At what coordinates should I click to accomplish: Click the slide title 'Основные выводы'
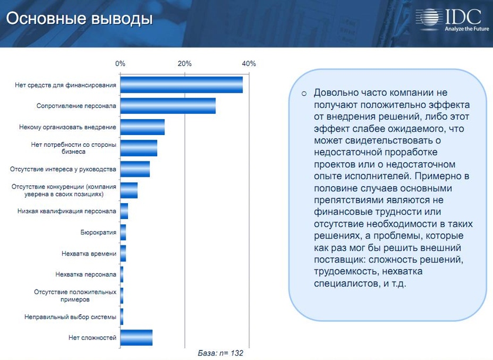79,19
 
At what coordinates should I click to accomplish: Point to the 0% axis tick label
120,63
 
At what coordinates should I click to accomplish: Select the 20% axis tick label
184,63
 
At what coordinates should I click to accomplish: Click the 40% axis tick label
249,63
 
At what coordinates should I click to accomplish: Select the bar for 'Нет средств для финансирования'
181,85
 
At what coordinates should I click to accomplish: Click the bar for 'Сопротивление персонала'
168,106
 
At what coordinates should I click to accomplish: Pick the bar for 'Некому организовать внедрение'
142,127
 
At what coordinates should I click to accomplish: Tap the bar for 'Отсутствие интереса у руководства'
135,169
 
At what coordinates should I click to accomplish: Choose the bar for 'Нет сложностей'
136,338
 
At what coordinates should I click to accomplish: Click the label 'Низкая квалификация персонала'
66,211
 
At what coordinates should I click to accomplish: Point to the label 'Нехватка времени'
89,254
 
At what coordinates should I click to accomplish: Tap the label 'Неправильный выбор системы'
70,317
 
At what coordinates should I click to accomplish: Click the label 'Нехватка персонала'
85,274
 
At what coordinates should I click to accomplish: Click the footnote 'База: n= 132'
220,354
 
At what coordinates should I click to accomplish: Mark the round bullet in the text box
304,93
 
